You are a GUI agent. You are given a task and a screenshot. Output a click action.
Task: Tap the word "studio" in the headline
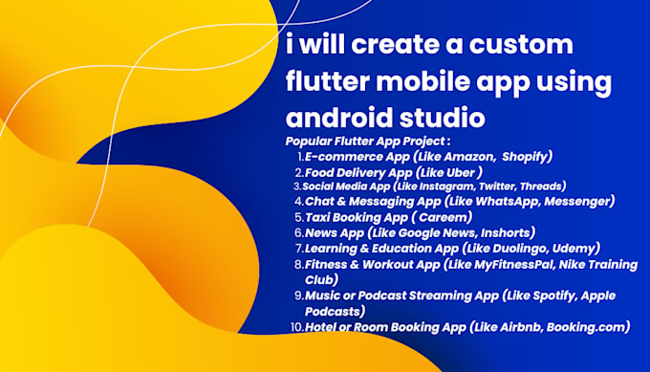click(439, 119)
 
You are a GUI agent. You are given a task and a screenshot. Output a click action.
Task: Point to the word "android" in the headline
click(340, 119)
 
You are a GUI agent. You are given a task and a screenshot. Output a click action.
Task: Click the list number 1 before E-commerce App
click(301, 156)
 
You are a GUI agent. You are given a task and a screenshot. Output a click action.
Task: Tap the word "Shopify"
click(526, 156)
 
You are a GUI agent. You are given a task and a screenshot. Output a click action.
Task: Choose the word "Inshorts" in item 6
click(503, 231)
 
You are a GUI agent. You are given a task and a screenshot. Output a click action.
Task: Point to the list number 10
click(297, 327)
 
